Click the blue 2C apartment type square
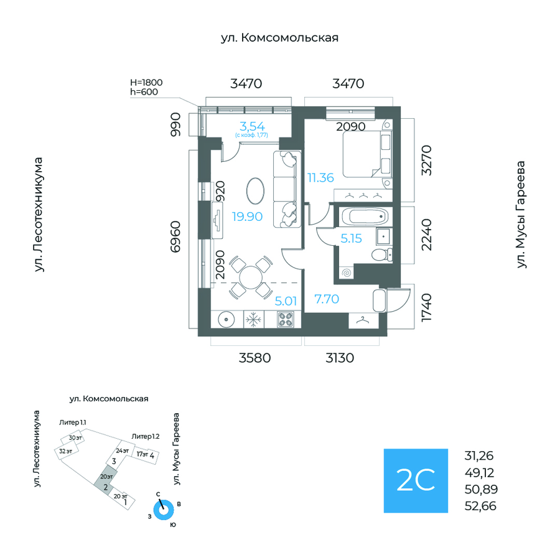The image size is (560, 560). point(415,480)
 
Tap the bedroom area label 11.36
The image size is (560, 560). point(320,177)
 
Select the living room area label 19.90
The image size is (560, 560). point(248,217)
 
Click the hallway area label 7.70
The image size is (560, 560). point(326,299)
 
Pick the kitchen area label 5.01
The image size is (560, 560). point(286,301)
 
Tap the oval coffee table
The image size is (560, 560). point(256,190)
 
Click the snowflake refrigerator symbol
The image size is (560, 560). point(253,320)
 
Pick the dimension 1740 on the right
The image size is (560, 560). point(426,307)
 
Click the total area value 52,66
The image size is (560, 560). point(480,505)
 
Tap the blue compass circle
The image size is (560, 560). point(164,510)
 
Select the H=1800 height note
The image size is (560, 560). point(144,82)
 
